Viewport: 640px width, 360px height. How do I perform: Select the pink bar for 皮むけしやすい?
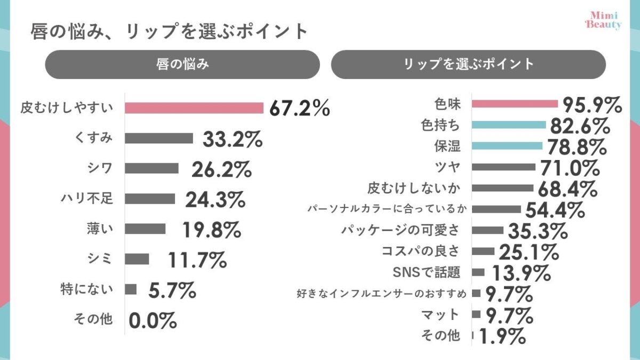click(x=194, y=108)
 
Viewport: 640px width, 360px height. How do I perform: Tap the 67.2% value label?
click(x=299, y=108)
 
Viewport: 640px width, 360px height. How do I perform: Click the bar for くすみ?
click(x=159, y=138)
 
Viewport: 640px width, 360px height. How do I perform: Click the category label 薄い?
click(x=100, y=229)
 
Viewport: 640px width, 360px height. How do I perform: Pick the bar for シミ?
click(x=137, y=259)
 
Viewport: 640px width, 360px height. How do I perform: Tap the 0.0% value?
click(x=153, y=321)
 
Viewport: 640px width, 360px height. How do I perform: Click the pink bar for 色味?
click(x=515, y=103)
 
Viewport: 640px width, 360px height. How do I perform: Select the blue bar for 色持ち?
click(x=509, y=125)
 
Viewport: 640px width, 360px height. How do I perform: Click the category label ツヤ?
click(x=447, y=166)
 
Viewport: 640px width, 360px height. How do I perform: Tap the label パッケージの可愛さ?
click(x=400, y=230)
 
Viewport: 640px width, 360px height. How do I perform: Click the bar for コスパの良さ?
click(x=484, y=251)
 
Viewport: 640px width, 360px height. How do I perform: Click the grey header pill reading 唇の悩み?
click(x=182, y=65)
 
